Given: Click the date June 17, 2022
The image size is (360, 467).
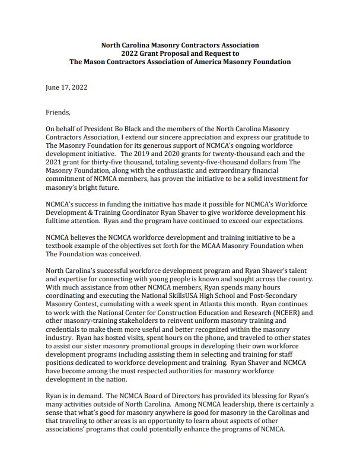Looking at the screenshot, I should point(66,87).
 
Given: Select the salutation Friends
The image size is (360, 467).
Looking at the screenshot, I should point(58,112).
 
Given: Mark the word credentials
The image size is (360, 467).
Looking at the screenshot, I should point(65,328).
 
